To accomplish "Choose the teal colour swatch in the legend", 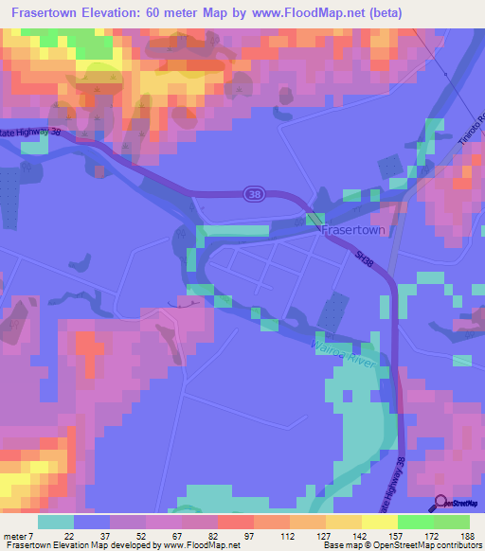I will point(56,522).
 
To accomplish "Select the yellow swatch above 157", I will point(379,522).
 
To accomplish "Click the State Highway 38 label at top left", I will point(33,135).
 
